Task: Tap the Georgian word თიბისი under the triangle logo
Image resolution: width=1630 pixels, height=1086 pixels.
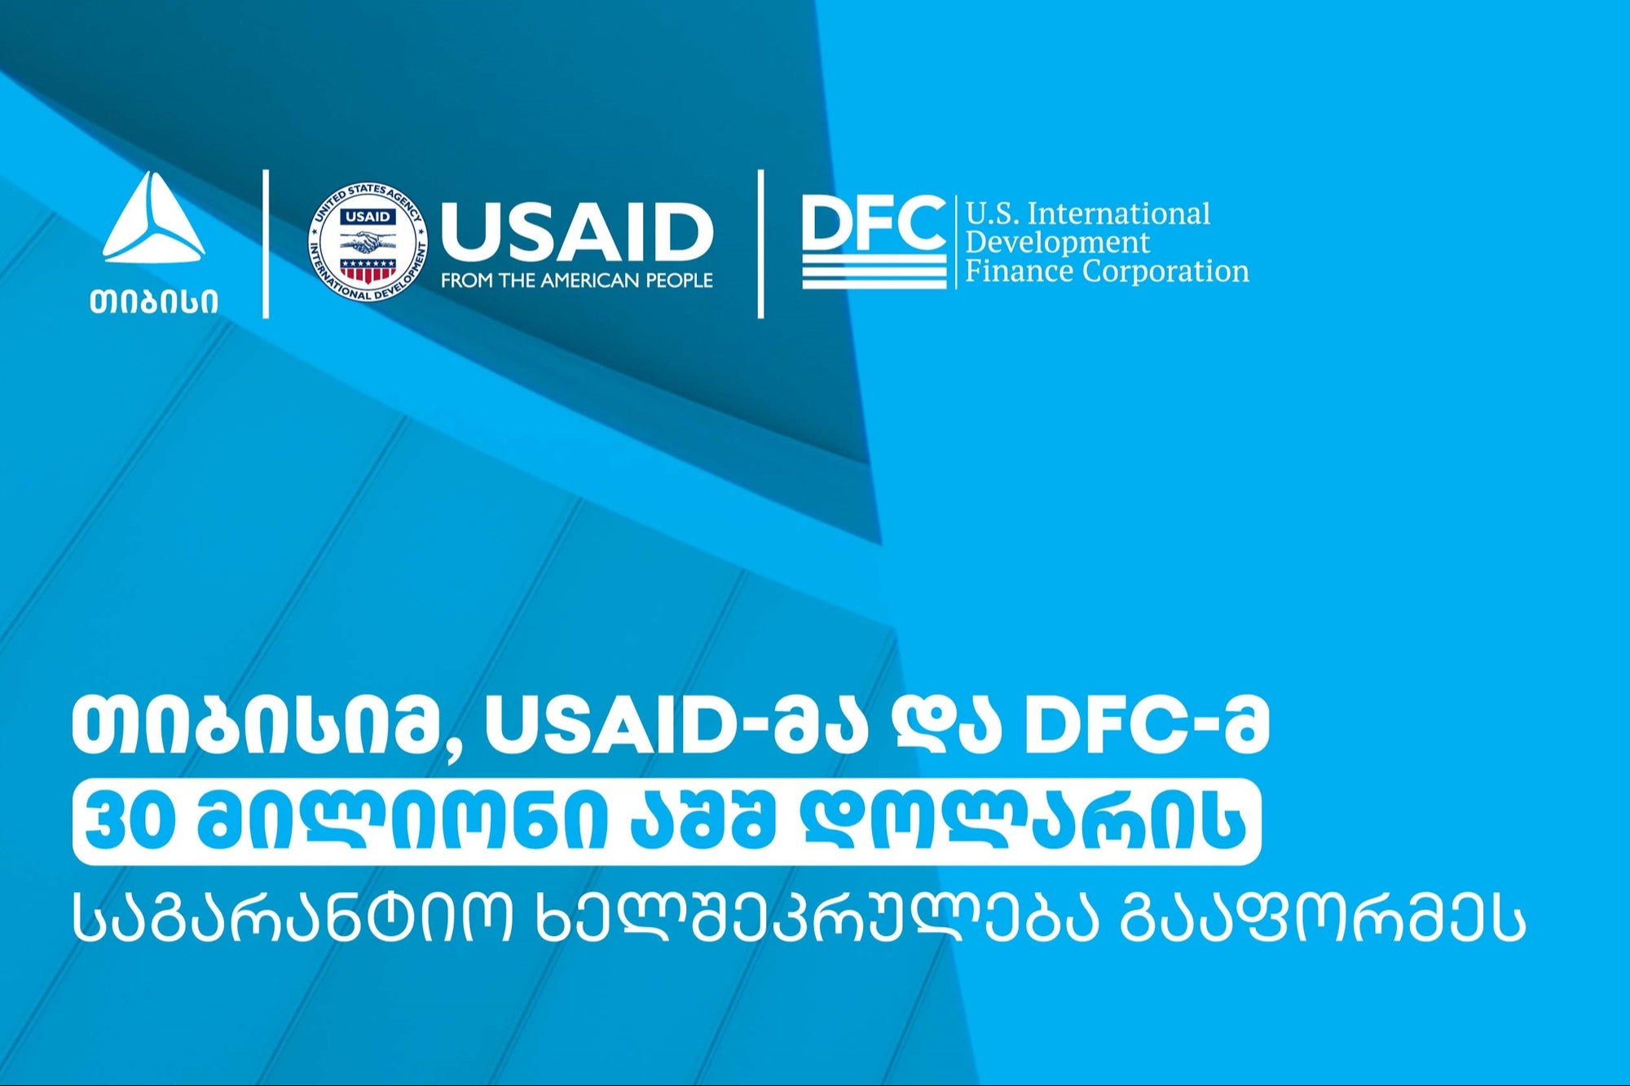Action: coord(154,301)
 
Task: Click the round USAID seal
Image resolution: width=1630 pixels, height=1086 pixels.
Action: coord(368,242)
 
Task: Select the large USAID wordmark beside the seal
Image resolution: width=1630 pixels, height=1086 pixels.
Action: coord(577,231)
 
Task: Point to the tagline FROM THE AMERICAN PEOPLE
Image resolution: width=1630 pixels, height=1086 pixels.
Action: coord(577,280)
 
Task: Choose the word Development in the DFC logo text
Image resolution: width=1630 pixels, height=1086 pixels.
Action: coord(1058,243)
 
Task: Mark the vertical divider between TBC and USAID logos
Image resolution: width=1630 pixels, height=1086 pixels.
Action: coord(266,244)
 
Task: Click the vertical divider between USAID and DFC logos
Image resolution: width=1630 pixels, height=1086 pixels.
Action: coord(760,244)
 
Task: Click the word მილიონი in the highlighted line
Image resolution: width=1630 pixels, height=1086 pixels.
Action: coord(399,821)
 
